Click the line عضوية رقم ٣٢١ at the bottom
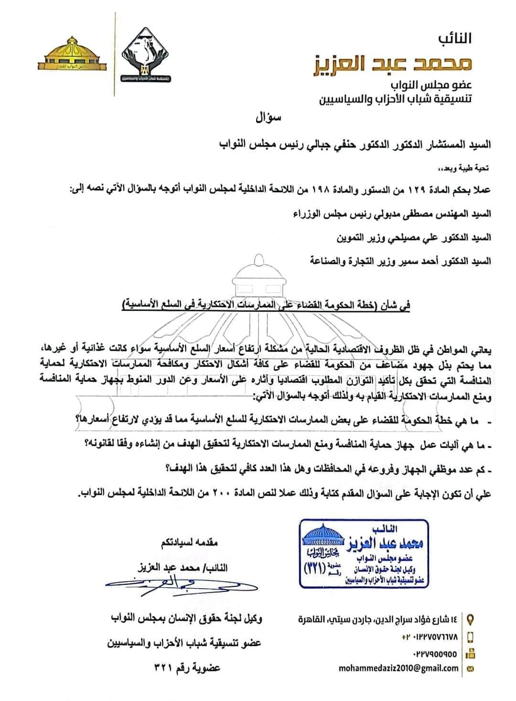(x=187, y=668)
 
